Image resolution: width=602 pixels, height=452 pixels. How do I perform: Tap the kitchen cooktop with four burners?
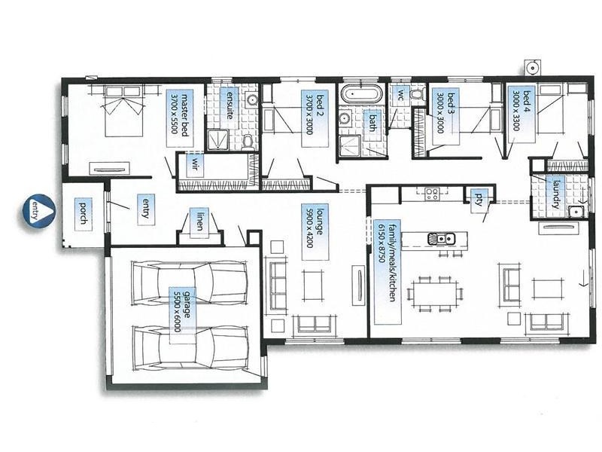coord(431,193)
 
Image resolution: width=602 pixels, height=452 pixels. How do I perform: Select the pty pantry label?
coord(479,198)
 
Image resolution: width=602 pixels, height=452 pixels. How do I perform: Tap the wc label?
coord(401,95)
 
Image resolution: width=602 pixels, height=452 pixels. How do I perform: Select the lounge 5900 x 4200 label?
coord(312,232)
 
